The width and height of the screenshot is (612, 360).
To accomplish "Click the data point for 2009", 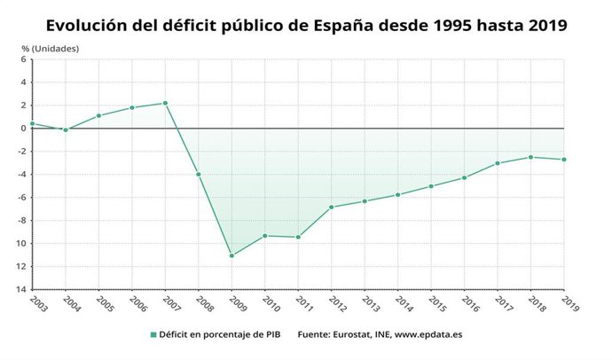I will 231,255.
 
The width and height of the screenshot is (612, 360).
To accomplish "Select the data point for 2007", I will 165,103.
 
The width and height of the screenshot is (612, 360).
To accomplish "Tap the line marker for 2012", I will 332,207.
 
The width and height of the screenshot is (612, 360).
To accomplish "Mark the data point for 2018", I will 530,157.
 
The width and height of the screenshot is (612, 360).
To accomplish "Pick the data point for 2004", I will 65,129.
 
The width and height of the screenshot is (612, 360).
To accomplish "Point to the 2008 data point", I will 198,174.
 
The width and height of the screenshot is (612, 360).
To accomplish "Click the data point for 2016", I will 464,177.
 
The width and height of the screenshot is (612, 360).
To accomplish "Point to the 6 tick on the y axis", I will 23,59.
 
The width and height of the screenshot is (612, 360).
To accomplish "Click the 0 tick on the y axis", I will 23,129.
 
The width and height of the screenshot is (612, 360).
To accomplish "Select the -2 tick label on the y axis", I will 21,152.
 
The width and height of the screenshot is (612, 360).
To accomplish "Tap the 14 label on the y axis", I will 21,289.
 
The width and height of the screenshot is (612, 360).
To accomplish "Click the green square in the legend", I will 153,335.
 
